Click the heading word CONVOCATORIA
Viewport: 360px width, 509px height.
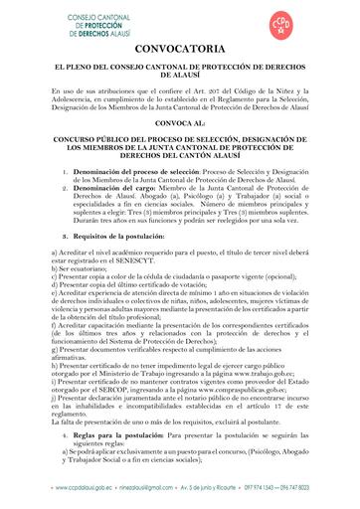pos(180,49)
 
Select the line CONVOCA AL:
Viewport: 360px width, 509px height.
pos(180,125)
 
